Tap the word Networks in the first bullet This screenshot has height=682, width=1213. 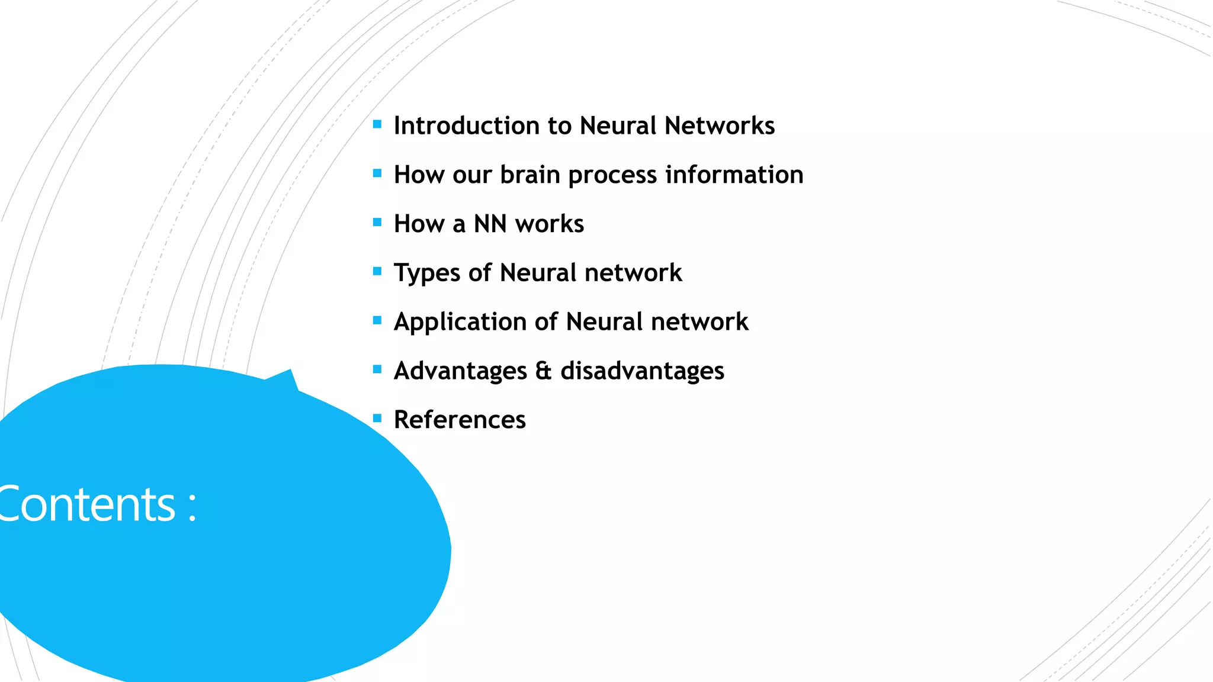720,126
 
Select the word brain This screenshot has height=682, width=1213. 530,175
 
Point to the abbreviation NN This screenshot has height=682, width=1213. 490,224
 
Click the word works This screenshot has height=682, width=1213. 550,224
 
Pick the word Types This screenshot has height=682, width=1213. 427,273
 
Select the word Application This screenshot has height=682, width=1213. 460,322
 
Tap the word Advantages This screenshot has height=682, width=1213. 460,371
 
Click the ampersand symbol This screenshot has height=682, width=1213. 543,371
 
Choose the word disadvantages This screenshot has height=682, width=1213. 642,371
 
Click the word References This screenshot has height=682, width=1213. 460,420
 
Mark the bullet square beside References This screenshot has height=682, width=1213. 377,419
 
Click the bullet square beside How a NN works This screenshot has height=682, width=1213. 377,223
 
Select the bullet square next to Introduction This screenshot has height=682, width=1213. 377,124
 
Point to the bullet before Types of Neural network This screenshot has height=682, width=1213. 377,272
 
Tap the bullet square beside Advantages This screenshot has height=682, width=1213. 377,369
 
